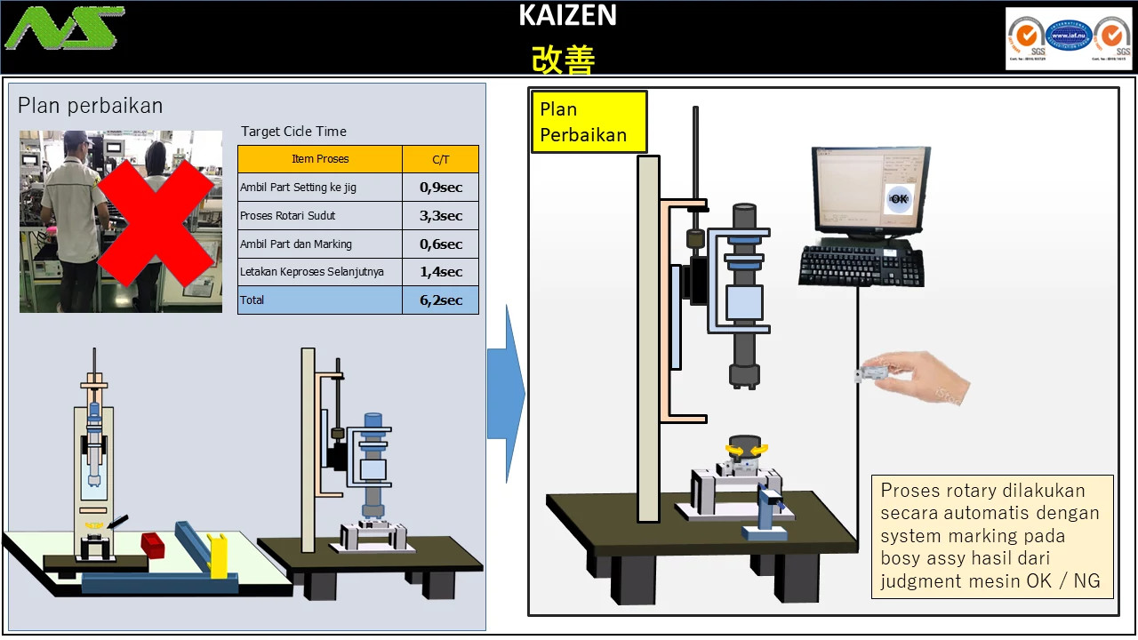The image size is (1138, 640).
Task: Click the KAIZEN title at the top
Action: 567,15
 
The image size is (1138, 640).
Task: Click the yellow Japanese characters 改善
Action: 564,60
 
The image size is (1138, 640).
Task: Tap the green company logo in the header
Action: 64,28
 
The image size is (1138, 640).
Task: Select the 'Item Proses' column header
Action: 320,159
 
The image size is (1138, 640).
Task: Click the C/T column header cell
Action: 440,159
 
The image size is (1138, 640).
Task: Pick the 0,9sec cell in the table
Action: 440,188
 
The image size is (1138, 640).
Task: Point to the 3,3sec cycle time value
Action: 440,216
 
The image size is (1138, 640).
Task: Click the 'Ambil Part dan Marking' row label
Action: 296,244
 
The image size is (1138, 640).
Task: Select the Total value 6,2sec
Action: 440,300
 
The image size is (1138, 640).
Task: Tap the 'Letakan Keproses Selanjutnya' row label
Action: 312,272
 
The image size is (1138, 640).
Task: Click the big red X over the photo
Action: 156,222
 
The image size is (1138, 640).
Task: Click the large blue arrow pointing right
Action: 506,394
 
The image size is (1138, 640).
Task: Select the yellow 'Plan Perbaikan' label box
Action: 589,122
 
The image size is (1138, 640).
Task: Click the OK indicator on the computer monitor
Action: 899,199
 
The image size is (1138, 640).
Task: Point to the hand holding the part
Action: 916,373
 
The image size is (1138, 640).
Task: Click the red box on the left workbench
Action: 155,544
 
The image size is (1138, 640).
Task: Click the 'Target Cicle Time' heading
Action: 293,132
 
